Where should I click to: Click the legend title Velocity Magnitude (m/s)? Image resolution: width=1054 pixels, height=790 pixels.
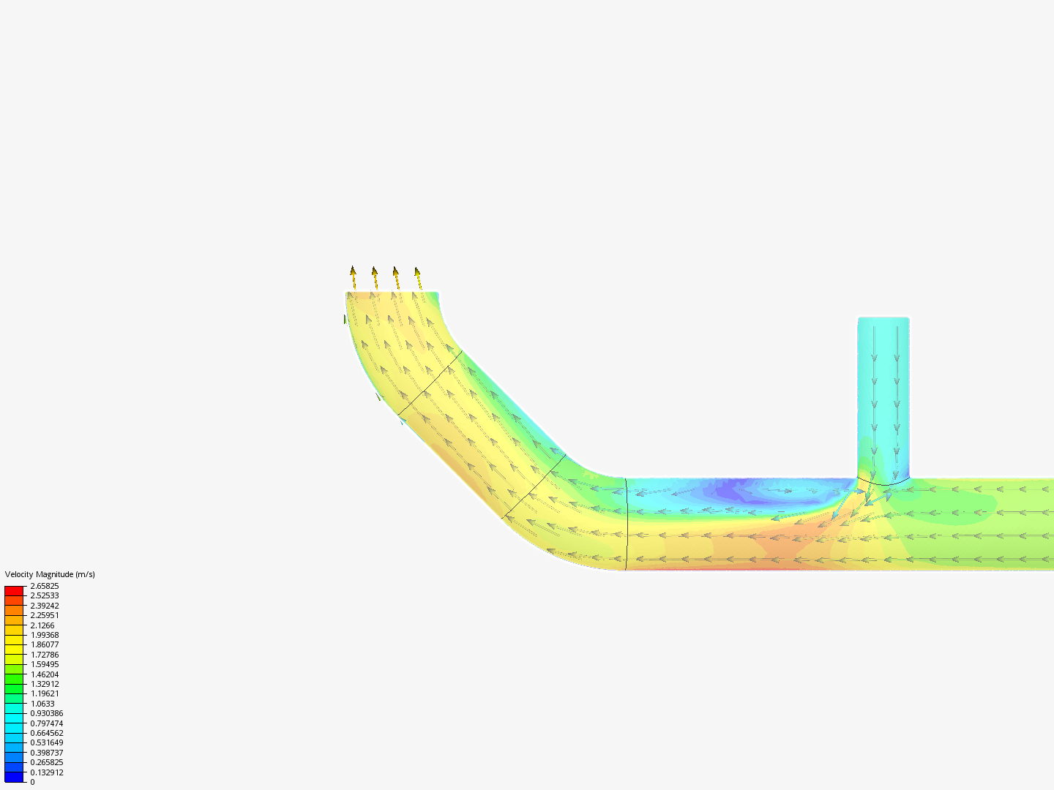[x=50, y=574]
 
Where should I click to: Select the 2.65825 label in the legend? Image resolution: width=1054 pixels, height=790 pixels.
[x=44, y=586]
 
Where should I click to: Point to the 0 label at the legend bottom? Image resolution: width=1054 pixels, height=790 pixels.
[x=32, y=782]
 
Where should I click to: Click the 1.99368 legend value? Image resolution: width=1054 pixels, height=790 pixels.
[x=44, y=635]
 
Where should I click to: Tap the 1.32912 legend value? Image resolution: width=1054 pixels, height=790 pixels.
[x=44, y=684]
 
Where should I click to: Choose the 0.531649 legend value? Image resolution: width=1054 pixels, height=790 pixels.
[x=46, y=742]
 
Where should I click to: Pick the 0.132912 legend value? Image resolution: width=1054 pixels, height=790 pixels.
[x=46, y=772]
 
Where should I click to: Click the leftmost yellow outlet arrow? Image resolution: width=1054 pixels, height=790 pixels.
[x=353, y=277]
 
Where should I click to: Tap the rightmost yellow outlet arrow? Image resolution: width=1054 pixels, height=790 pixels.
[x=418, y=278]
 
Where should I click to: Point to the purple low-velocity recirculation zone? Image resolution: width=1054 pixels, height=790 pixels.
[x=739, y=490]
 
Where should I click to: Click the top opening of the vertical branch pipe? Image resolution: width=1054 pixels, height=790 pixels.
[x=883, y=318]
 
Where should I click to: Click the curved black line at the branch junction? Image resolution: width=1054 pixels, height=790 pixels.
[x=883, y=483]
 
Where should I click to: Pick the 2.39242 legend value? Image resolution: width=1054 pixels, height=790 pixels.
[x=44, y=606]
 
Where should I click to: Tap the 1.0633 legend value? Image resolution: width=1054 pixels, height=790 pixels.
[x=42, y=704]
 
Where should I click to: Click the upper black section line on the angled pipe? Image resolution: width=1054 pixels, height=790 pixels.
[x=430, y=383]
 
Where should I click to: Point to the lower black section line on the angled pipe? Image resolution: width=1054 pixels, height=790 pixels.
[x=534, y=486]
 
